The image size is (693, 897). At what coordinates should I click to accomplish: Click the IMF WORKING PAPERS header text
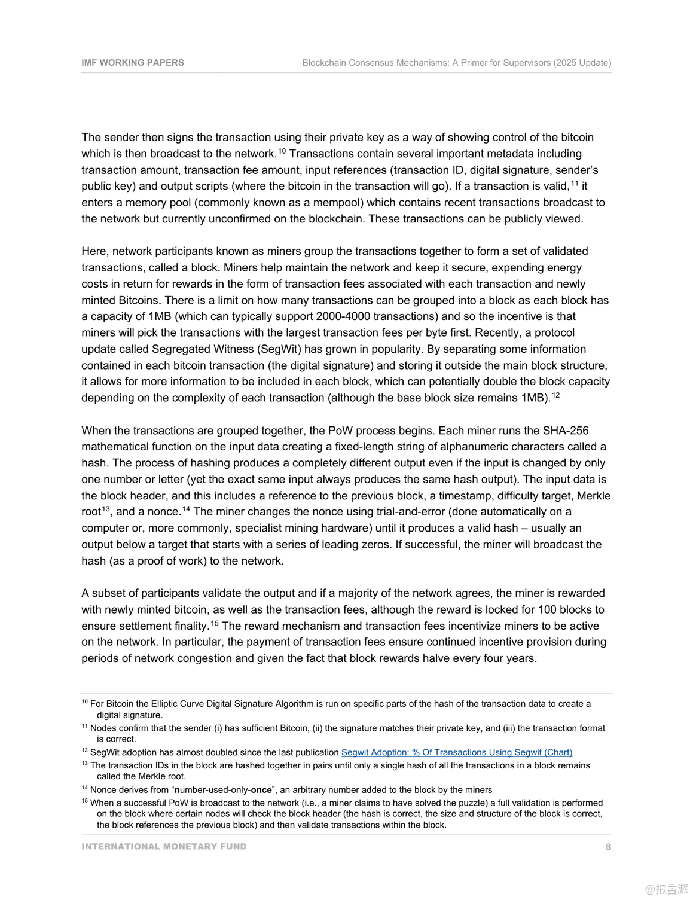click(133, 63)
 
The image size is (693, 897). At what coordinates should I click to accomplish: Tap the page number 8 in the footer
click(608, 847)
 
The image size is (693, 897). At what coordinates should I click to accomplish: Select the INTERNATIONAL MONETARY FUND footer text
click(164, 847)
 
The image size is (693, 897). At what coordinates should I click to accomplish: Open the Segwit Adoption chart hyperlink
click(457, 752)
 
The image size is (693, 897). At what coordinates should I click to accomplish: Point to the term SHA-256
click(565, 431)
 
